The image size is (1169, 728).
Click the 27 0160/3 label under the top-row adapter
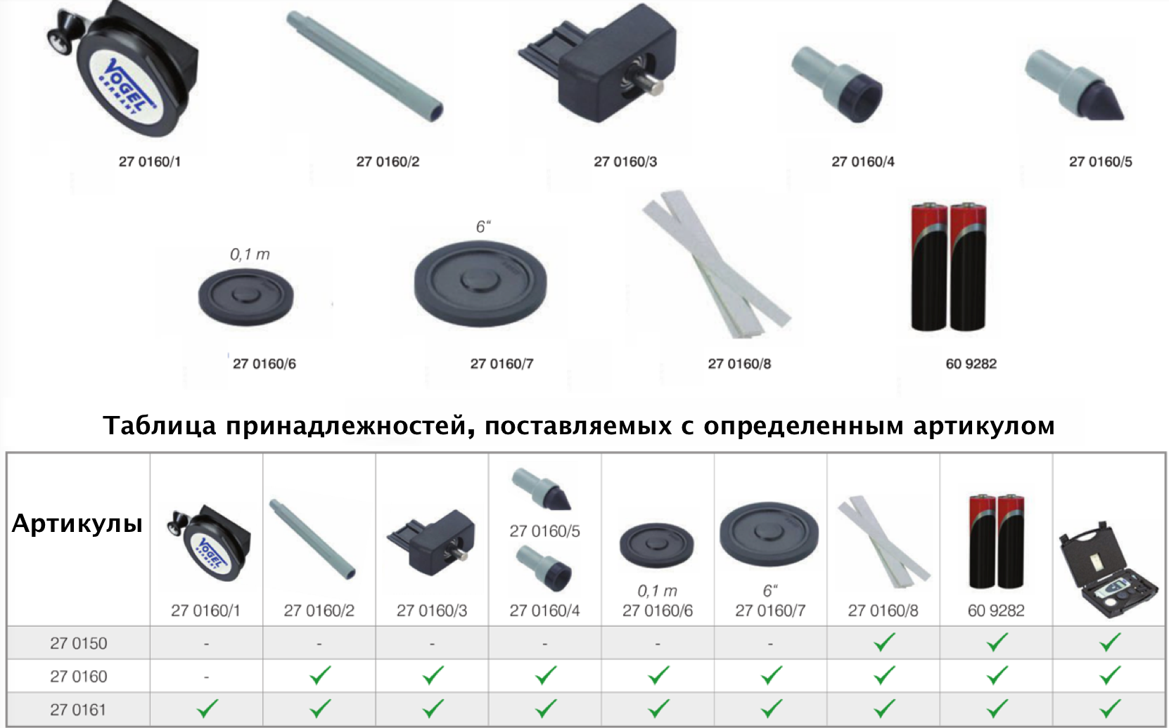click(x=625, y=162)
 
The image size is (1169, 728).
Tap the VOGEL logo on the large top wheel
click(x=127, y=86)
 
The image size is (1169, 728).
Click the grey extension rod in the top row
click(x=365, y=67)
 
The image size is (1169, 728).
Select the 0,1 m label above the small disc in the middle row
click(x=250, y=254)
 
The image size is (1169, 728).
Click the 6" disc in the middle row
click(x=480, y=284)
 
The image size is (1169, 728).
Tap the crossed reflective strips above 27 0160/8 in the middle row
click(x=716, y=264)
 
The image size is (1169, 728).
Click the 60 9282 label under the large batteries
click(x=971, y=363)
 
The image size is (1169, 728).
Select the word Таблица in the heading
click(x=160, y=426)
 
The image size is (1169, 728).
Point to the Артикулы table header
click(x=77, y=523)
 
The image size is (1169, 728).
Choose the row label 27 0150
click(x=78, y=643)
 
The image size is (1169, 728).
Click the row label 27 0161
click(x=78, y=710)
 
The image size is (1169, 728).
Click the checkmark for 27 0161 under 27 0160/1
click(x=207, y=709)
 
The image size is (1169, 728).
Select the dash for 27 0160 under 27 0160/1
click(x=207, y=677)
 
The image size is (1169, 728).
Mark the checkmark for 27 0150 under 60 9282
click(x=996, y=642)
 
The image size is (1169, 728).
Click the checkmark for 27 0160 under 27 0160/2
click(x=319, y=675)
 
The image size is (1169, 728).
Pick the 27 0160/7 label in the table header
click(x=770, y=610)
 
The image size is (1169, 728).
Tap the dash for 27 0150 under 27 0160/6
click(x=658, y=644)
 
